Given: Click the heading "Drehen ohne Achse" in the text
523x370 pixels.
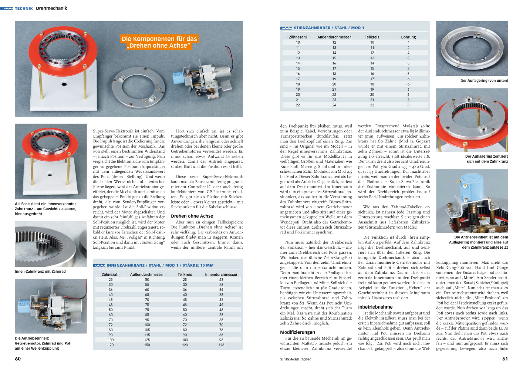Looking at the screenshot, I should (192, 216).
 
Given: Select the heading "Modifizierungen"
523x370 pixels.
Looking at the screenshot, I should (297, 332).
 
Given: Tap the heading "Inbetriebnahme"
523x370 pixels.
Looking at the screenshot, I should (375, 307).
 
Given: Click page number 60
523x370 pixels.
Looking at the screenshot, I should (18, 359).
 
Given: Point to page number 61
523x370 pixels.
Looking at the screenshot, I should (505, 359).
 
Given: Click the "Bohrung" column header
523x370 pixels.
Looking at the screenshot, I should (408, 37).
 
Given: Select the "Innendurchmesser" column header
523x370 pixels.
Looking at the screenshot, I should (221, 275).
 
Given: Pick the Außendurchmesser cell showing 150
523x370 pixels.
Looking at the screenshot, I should (147, 345).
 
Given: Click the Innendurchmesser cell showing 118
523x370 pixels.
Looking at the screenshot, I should (221, 345).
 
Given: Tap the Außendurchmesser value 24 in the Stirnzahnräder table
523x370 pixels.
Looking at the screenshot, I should (334, 105).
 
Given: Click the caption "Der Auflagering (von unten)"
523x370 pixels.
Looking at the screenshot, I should (484, 81).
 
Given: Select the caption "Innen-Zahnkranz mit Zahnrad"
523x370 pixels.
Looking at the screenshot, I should (40, 272).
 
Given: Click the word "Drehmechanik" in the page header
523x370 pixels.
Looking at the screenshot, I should (51, 8).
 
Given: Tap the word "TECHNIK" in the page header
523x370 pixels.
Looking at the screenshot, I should (24, 9).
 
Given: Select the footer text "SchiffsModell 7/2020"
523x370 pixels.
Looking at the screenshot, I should (296, 359).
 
